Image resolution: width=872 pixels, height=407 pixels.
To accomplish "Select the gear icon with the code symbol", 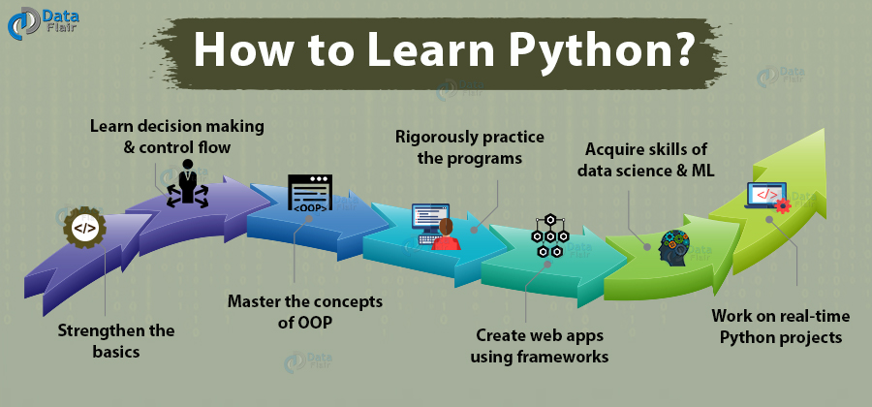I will pos(84,229).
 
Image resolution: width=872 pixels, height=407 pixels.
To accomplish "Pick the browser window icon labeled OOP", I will pos(311,194).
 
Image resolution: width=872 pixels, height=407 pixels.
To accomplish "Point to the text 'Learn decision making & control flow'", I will pos(176,137).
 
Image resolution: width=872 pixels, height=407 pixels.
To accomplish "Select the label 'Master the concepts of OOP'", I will pos(305,312).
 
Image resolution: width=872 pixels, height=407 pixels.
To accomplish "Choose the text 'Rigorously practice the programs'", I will pos(469,146).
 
